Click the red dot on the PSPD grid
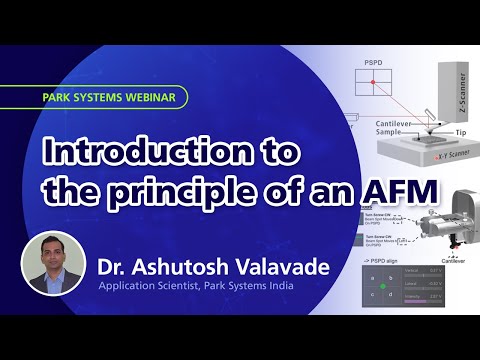coord(372,85)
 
